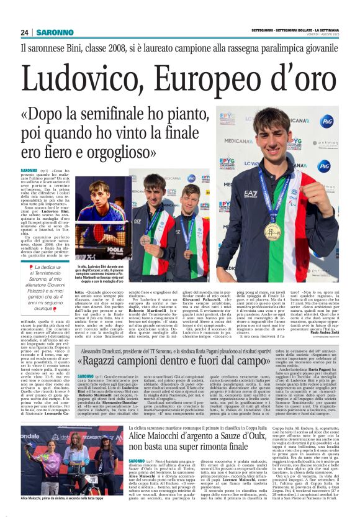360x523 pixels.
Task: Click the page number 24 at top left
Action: coord(25,32)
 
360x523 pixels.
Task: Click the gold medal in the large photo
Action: coord(272,231)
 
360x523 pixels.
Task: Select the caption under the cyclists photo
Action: coord(62,516)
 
